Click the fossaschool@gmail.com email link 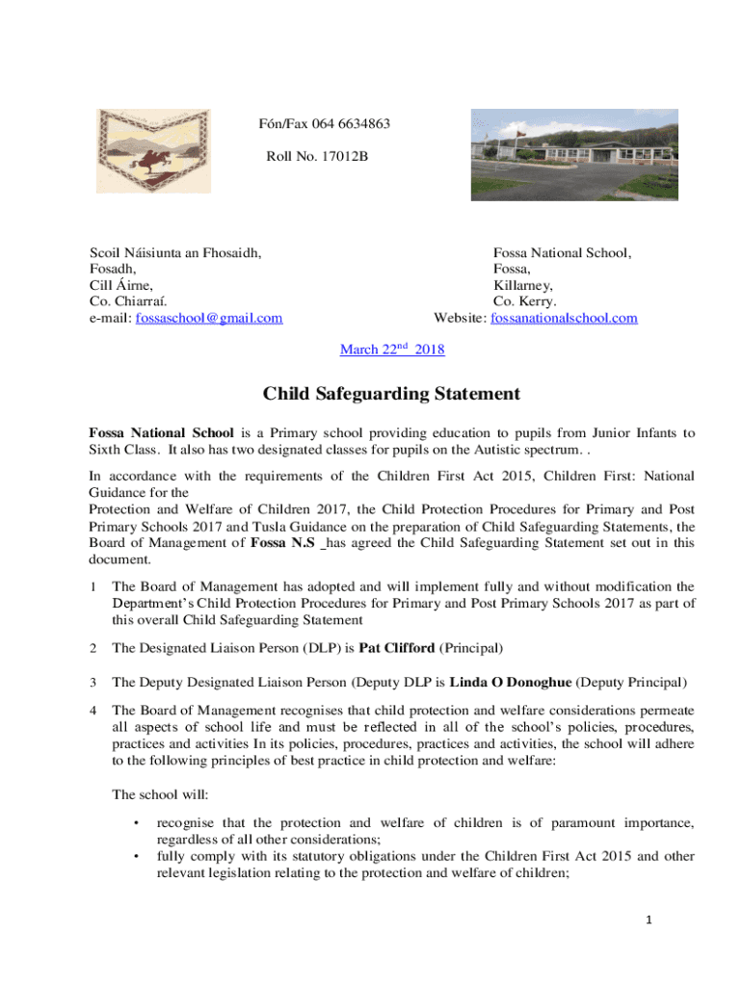209,318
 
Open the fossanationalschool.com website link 564,318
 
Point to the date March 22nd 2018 392,350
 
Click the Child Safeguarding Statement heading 392,394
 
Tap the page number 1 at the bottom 650,921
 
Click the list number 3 93,683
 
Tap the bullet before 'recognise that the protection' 137,823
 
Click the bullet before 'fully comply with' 137,856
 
